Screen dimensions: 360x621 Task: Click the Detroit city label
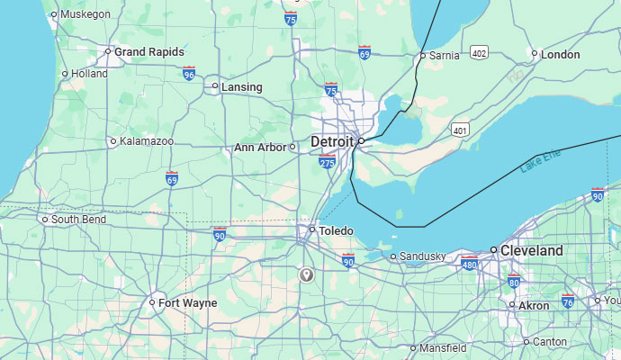[x=332, y=142]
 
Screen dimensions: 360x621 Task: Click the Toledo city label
[x=335, y=231]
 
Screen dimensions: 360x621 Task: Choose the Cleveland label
[x=532, y=250]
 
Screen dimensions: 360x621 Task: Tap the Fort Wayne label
[x=187, y=303]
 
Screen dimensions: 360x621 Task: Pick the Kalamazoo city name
[x=147, y=141]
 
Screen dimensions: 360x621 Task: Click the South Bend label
[x=77, y=220]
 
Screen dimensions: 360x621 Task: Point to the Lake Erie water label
[x=540, y=162]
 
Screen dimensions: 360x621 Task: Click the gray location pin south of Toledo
[x=307, y=274]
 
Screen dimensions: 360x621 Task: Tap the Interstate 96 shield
[x=189, y=74]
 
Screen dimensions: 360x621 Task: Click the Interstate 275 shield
[x=327, y=162]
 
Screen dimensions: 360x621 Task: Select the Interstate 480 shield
[x=469, y=263]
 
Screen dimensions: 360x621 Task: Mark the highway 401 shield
[x=461, y=130]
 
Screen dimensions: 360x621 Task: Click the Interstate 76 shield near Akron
[x=568, y=301]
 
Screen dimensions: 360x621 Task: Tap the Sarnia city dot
[x=422, y=56]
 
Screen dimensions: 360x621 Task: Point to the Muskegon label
[x=85, y=14]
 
